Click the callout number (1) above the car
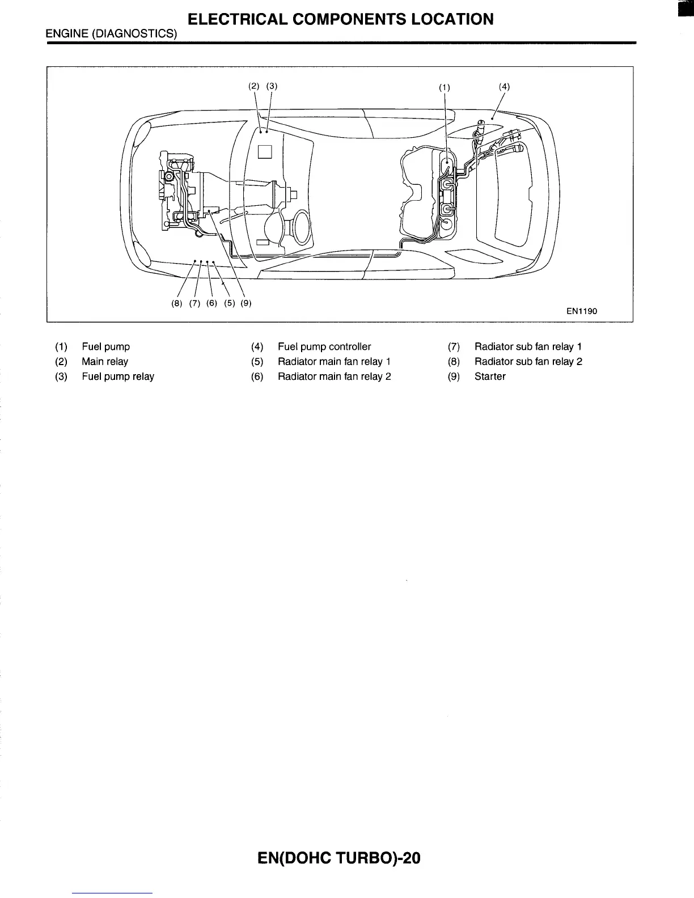click(x=445, y=87)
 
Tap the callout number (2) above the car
click(x=254, y=86)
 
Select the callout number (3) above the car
click(x=272, y=86)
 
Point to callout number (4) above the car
click(x=504, y=86)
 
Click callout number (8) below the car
click(x=177, y=303)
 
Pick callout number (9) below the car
click(x=246, y=303)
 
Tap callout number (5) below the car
click(x=229, y=303)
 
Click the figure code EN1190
click(x=582, y=311)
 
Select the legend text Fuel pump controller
click(x=324, y=346)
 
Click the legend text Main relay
click(x=105, y=362)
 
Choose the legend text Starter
click(x=490, y=376)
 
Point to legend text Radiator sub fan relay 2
click(x=528, y=362)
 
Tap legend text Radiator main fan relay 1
click(x=334, y=362)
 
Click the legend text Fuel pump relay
click(x=118, y=376)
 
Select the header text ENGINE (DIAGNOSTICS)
click(x=112, y=34)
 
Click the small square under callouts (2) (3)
click(x=265, y=151)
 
